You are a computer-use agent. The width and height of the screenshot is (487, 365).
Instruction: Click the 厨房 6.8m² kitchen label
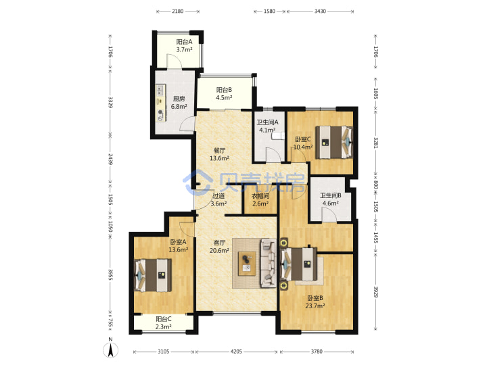[x=179, y=103]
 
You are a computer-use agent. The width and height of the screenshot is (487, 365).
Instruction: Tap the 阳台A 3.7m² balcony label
[x=184, y=45]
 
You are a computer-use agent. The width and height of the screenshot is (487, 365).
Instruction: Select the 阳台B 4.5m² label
[x=224, y=93]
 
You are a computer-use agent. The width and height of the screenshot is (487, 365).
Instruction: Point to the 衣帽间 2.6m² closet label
[x=260, y=199]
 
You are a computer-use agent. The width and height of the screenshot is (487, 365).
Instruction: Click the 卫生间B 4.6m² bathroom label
[x=331, y=199]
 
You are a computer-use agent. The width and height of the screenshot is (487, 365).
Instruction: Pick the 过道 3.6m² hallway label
[x=218, y=199]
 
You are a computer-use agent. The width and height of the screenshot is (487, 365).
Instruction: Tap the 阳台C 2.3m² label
[x=164, y=322]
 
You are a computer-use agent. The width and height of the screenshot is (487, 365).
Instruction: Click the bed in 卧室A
[x=152, y=275]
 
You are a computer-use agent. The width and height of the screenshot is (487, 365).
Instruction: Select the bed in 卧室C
[x=334, y=142]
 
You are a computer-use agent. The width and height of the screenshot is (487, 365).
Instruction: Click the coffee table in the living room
[x=247, y=264]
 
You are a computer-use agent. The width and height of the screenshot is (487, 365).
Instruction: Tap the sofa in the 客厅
[x=269, y=263]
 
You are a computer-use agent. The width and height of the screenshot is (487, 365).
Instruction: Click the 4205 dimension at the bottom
[x=236, y=351]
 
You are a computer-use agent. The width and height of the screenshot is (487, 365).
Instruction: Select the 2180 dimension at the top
[x=178, y=11]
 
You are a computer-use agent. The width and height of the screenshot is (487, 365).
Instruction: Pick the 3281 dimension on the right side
[x=375, y=143]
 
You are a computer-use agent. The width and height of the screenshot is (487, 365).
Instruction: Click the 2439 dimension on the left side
[x=110, y=159]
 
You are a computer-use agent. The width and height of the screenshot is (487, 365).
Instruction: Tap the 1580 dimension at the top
[x=269, y=11]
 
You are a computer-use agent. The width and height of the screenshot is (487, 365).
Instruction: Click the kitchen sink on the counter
[x=160, y=90]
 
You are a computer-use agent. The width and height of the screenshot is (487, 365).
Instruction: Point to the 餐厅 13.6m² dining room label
[x=219, y=154]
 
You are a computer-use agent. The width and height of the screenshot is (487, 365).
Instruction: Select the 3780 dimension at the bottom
[x=317, y=351]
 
